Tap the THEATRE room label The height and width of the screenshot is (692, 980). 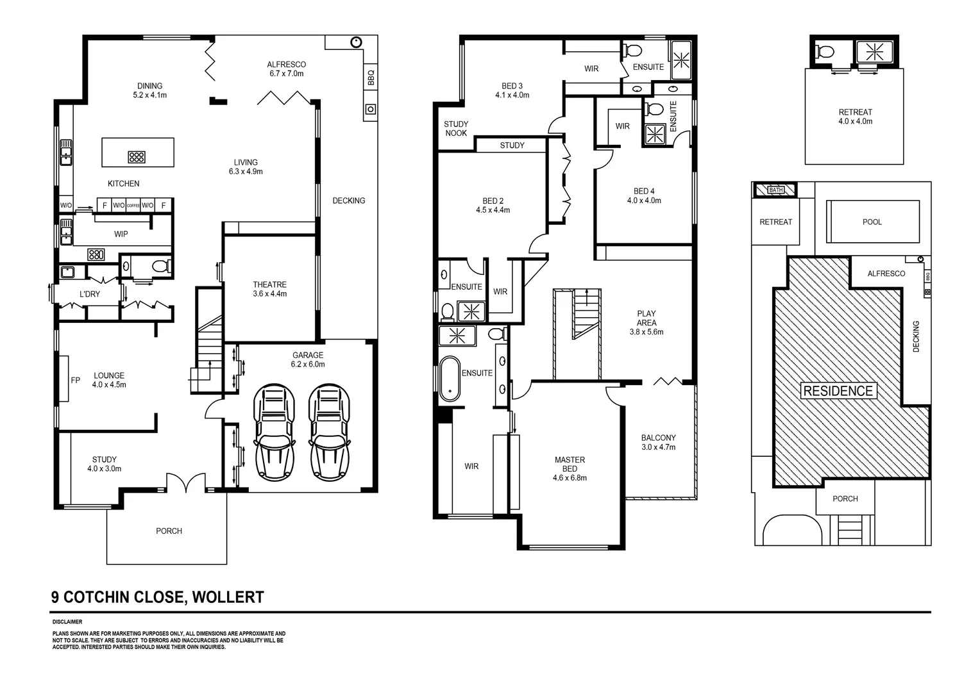point(269,284)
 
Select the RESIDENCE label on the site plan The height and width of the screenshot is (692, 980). point(838,391)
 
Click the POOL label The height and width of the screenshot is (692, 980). point(872,222)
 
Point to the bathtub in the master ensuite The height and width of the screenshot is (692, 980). point(450,379)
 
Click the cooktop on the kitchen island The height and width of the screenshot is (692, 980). point(136,156)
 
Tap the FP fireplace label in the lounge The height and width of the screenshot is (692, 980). point(75,380)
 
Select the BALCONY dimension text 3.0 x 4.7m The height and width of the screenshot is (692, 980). point(658,447)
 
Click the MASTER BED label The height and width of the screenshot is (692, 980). point(570,464)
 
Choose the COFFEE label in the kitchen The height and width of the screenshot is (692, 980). point(133,206)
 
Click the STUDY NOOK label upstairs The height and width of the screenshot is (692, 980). point(456,128)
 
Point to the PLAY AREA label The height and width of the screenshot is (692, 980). point(646,318)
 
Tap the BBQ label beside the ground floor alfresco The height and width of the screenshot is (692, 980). point(371,78)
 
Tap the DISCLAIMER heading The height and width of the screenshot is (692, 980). point(67,622)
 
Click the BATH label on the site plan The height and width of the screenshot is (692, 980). point(775,190)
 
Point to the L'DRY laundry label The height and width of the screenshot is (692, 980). point(90,294)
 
